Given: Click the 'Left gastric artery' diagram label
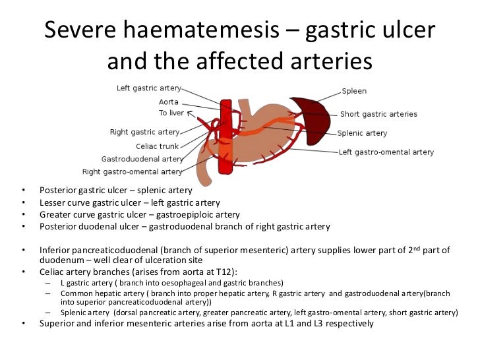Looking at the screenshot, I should [148, 88].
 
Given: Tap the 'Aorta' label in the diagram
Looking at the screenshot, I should [169, 102].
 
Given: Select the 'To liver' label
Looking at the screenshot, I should [171, 113].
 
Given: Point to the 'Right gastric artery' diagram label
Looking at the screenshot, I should [144, 132].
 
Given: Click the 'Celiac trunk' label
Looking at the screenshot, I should [157, 146].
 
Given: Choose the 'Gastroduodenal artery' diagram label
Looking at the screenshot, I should [142, 159].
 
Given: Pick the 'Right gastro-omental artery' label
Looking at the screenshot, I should [132, 171].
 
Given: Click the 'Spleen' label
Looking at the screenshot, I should [354, 91].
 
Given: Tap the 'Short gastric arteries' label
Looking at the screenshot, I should [378, 114].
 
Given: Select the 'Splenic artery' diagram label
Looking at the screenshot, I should [362, 133].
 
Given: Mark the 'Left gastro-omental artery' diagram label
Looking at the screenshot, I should [386, 152].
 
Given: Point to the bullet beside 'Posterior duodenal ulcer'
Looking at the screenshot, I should [24, 226].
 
